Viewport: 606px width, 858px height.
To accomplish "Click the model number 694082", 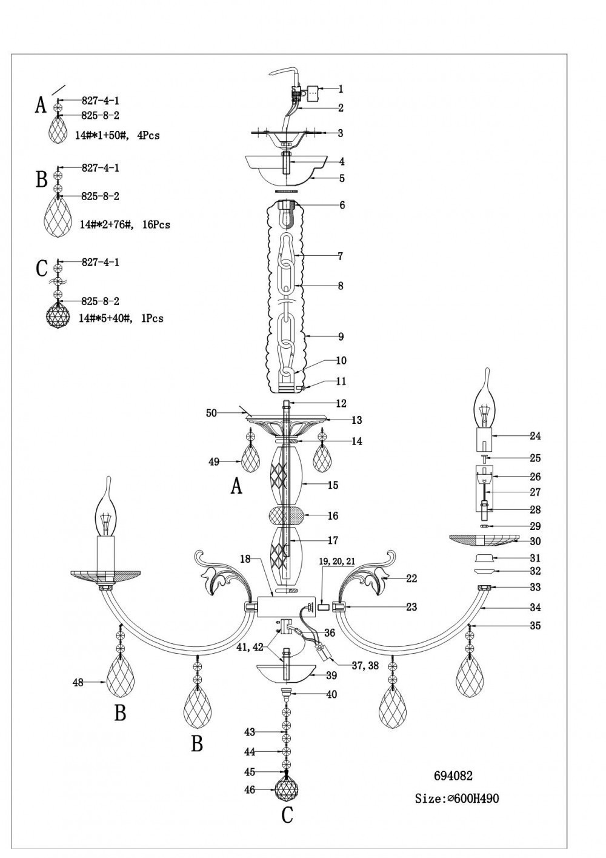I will (x=453, y=776).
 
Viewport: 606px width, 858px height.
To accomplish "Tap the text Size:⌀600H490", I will (x=457, y=798).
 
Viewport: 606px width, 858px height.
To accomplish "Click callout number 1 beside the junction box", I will (x=341, y=89).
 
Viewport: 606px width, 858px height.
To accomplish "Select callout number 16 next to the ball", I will (x=333, y=516).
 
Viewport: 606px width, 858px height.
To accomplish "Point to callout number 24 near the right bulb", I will (x=535, y=435).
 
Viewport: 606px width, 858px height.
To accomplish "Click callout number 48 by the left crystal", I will (x=78, y=682).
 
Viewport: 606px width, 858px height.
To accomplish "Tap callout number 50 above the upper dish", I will (x=211, y=413).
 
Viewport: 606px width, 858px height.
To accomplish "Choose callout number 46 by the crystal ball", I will (x=250, y=790).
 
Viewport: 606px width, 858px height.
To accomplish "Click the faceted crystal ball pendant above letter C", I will (x=287, y=788).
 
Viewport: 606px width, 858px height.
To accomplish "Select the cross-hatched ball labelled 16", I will (x=287, y=517).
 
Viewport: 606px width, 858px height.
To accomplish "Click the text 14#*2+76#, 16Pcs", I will (x=125, y=225).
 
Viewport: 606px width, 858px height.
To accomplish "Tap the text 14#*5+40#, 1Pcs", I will (x=121, y=318).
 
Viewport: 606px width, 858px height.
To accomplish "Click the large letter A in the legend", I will (x=40, y=106).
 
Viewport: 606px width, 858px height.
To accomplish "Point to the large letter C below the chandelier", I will (x=287, y=815).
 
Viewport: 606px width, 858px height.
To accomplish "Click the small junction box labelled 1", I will (x=313, y=93).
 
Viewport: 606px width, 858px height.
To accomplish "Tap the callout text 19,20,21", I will (x=338, y=562).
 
